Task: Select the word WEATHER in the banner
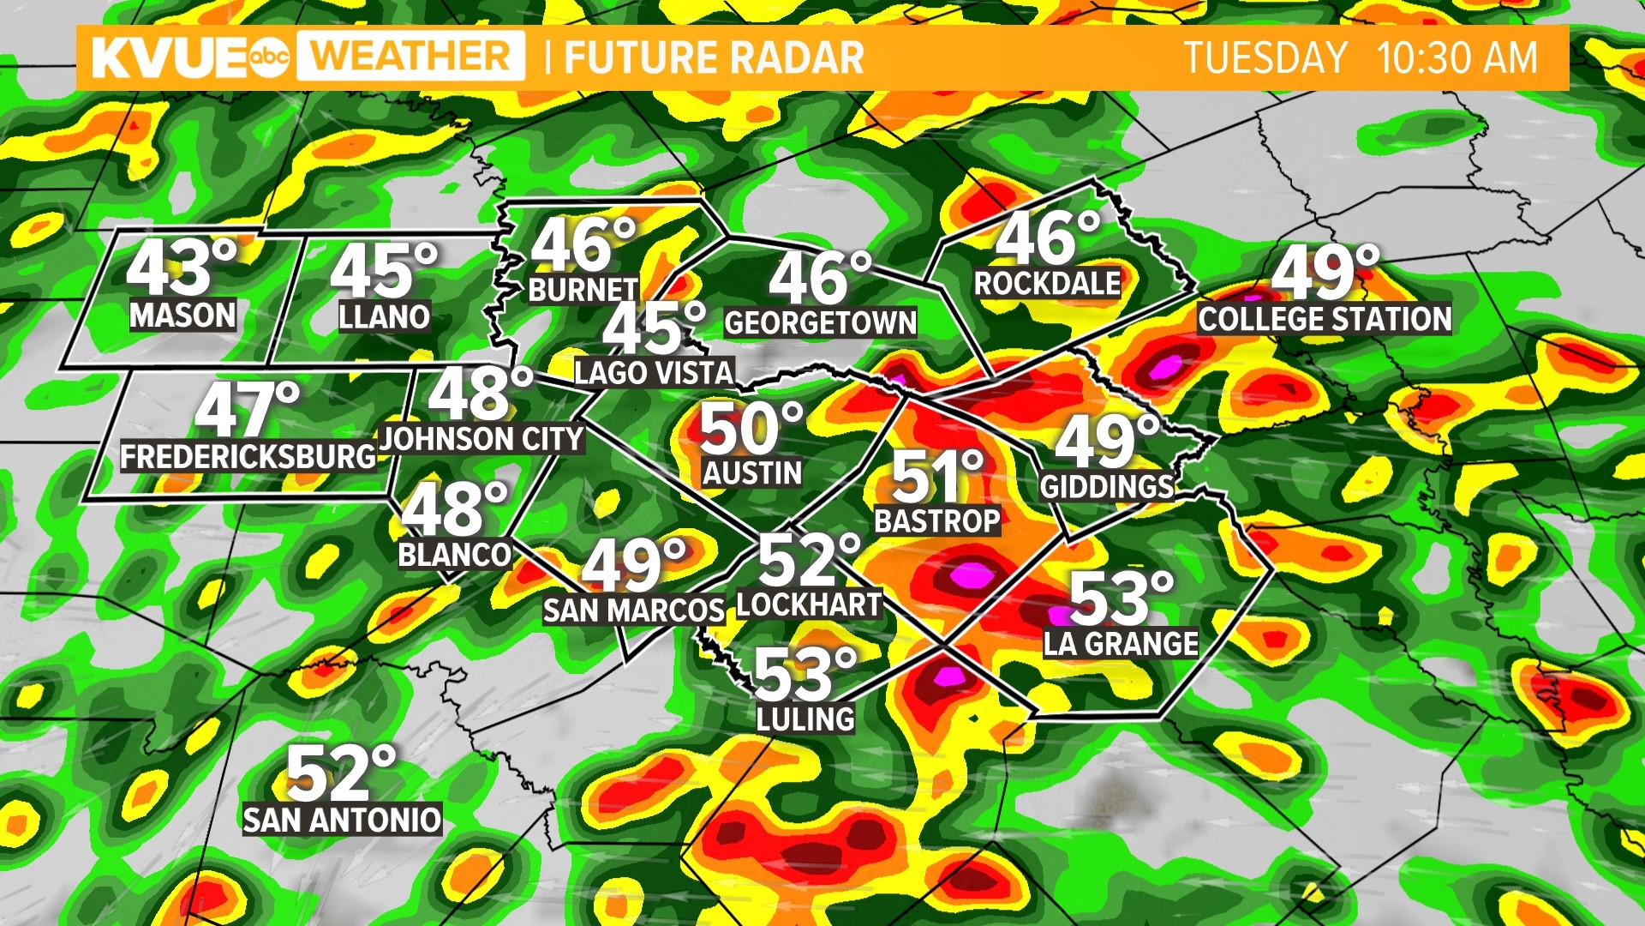click(410, 57)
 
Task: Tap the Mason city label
click(182, 316)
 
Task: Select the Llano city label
click(384, 317)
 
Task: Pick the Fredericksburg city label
click(248, 456)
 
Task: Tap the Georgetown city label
click(820, 323)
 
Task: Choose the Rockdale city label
click(1047, 284)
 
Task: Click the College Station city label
click(1325, 319)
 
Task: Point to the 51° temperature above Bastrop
click(937, 477)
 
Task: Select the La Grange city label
click(1121, 643)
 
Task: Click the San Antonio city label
click(342, 821)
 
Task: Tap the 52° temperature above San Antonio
click(340, 773)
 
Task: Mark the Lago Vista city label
click(654, 372)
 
